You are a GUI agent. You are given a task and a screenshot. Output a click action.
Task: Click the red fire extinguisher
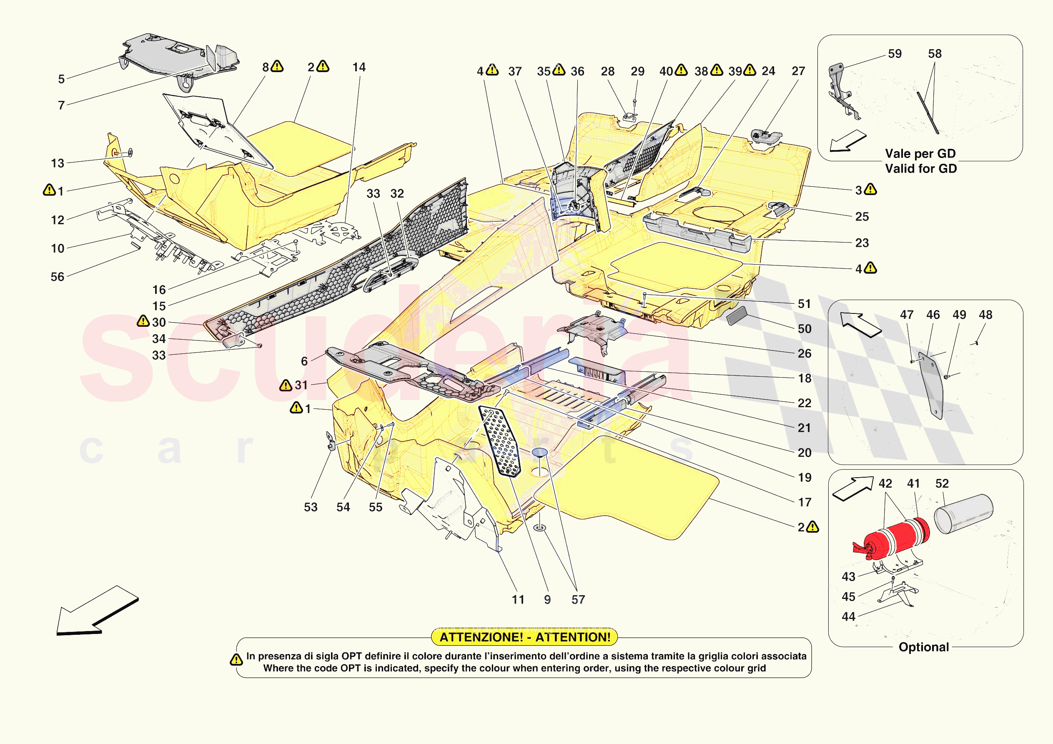click(x=892, y=539)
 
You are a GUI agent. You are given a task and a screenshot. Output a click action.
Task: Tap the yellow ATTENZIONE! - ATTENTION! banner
click(x=525, y=637)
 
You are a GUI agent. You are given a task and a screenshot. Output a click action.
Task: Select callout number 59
click(x=894, y=54)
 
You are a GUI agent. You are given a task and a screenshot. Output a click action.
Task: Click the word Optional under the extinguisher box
click(x=923, y=647)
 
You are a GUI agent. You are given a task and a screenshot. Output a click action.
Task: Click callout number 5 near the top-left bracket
click(x=61, y=79)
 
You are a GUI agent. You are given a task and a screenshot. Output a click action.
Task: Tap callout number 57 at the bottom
click(x=578, y=600)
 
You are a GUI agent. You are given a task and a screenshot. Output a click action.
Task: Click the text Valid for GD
click(x=920, y=169)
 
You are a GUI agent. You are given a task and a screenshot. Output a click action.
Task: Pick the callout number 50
click(x=805, y=329)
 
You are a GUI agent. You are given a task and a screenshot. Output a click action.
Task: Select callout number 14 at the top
click(x=359, y=68)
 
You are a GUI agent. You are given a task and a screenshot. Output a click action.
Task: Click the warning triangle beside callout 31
click(x=285, y=385)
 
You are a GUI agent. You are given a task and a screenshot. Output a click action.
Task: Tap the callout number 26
click(x=805, y=353)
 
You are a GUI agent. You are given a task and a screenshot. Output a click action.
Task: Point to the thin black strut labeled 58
click(x=928, y=113)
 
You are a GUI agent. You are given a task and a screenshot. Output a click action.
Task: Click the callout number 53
click(x=311, y=507)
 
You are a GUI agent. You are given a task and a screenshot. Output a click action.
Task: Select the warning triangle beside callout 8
click(x=277, y=67)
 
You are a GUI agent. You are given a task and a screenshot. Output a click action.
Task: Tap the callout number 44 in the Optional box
click(x=848, y=617)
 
